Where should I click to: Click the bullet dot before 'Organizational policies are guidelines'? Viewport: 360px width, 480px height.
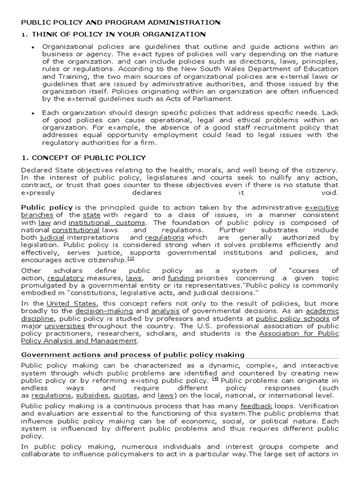point(33,48)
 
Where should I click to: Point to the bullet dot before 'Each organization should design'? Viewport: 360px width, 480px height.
point(33,113)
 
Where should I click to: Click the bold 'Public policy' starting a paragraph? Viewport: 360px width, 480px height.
point(47,207)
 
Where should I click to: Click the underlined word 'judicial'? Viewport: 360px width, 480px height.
point(51,238)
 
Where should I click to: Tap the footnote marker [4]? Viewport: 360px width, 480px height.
point(215,378)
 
